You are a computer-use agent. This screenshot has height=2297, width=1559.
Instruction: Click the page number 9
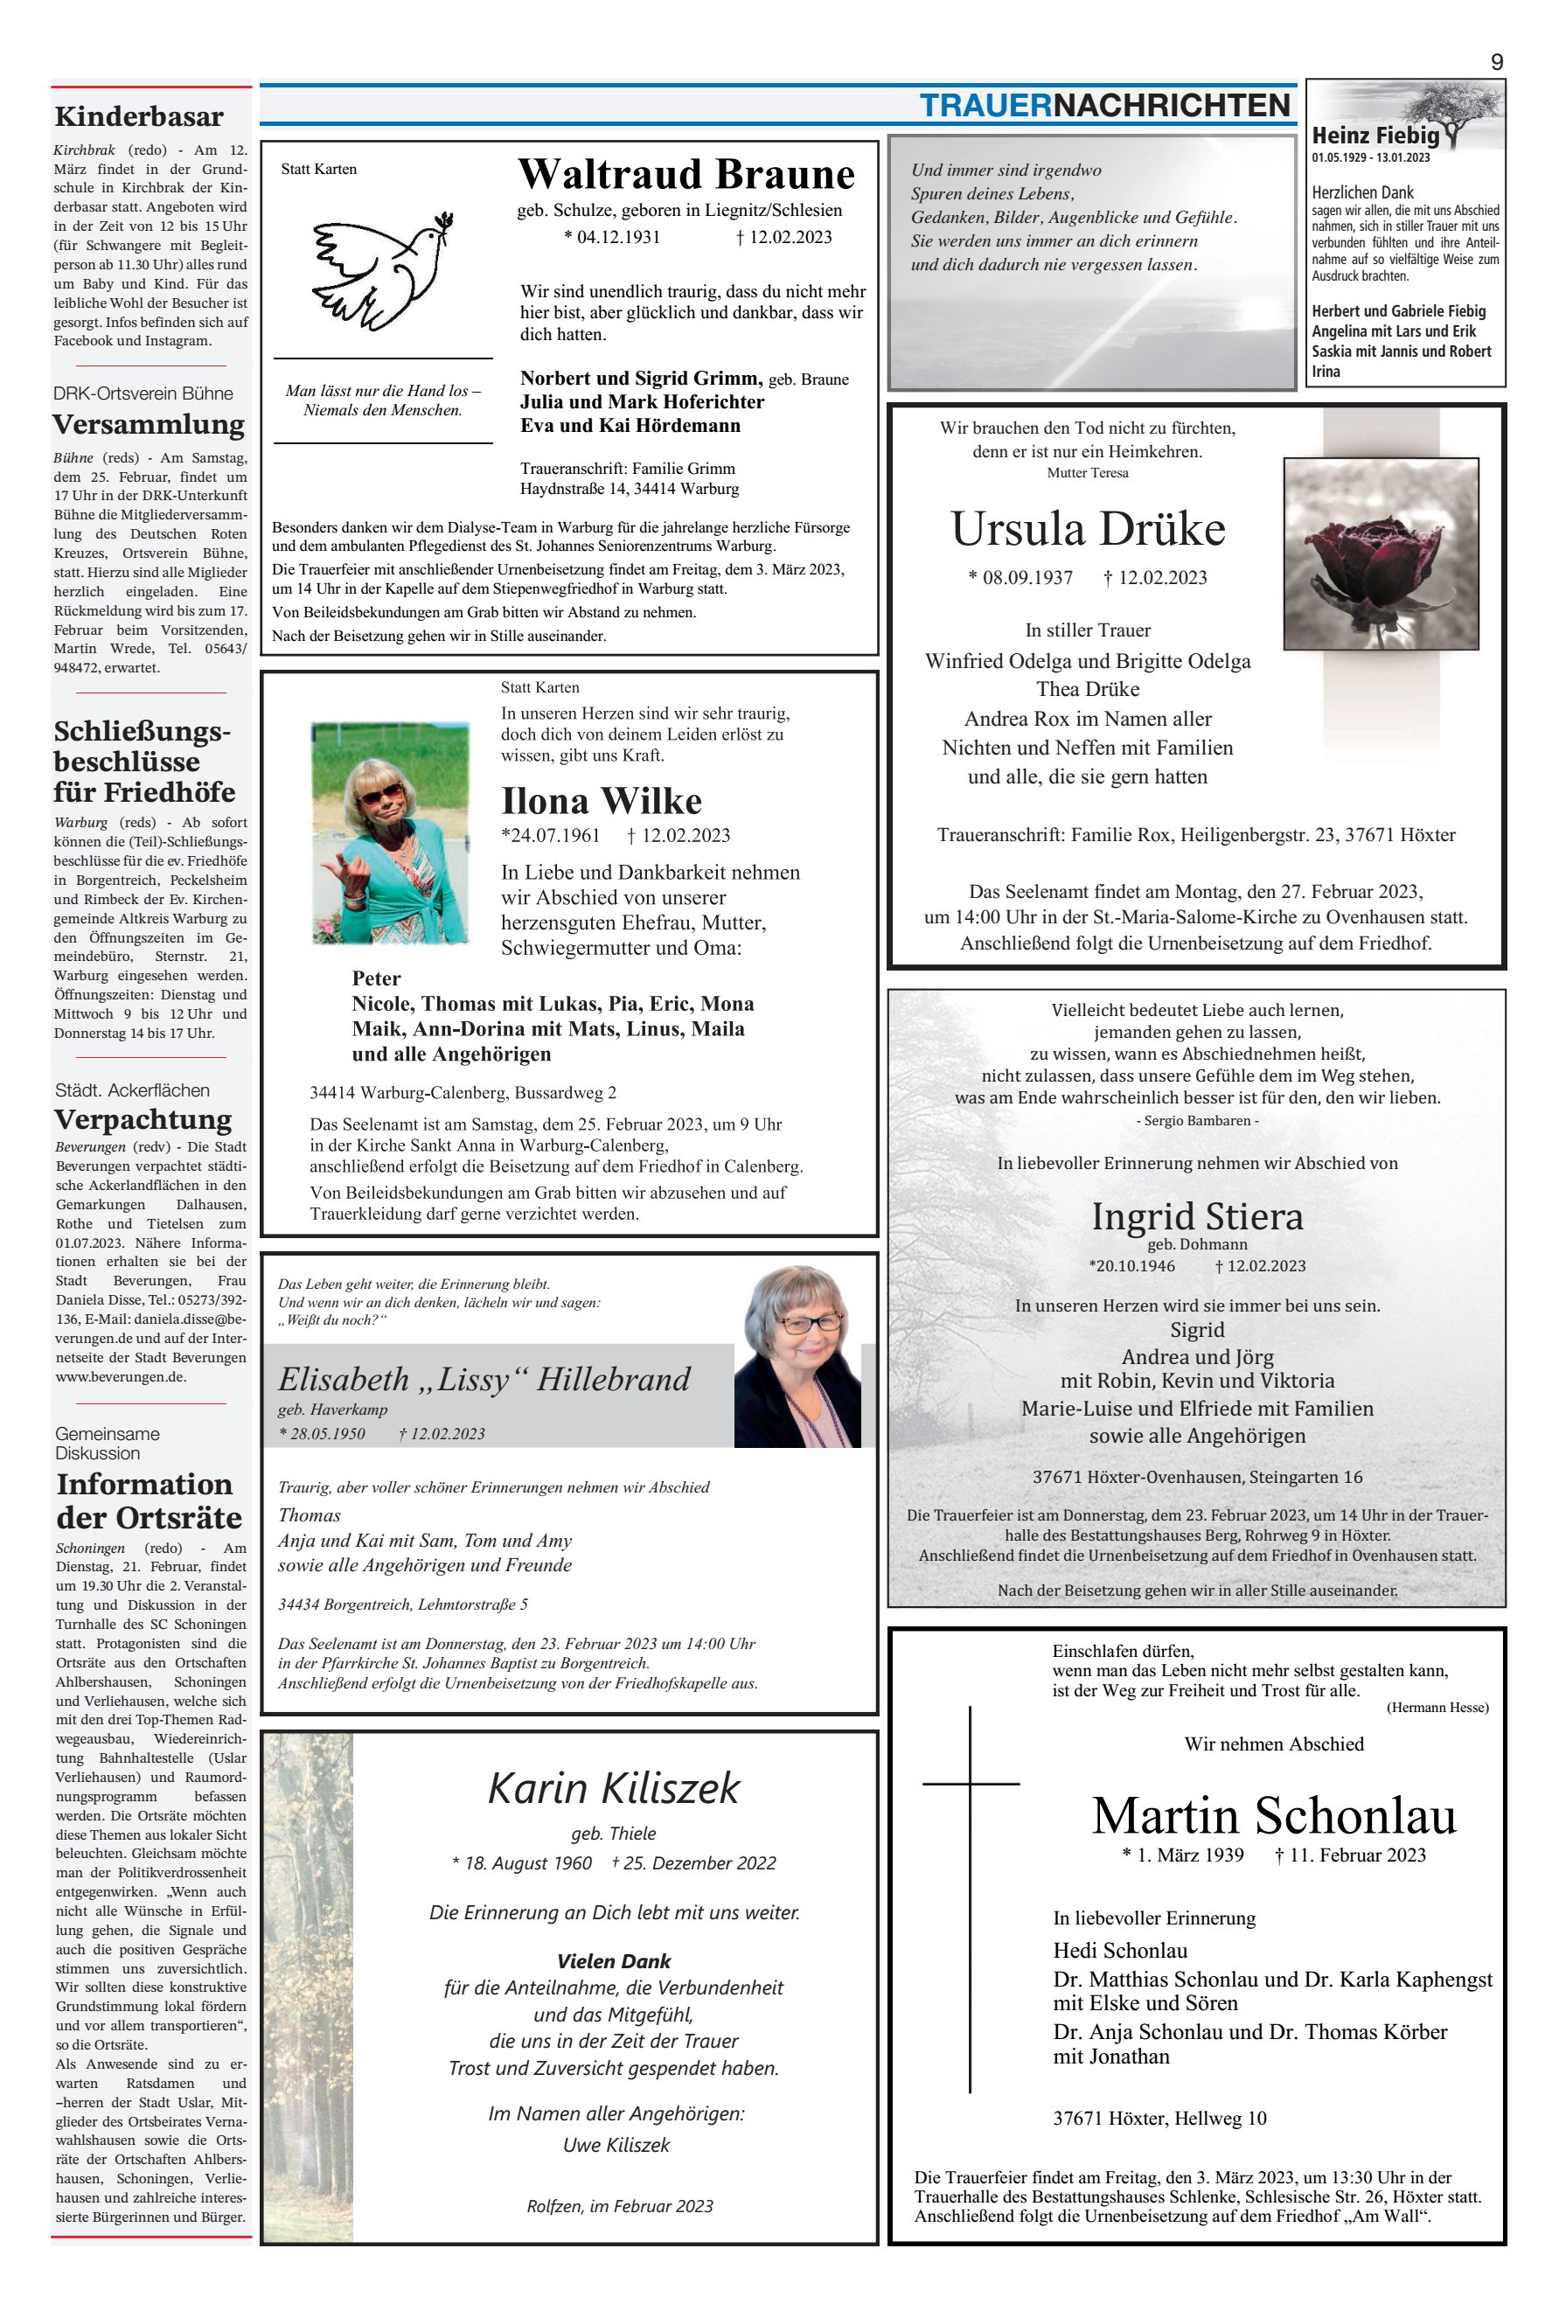(x=1496, y=62)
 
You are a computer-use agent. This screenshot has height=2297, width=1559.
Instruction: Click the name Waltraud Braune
(x=686, y=174)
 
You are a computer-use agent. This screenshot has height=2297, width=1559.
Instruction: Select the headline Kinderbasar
(x=139, y=116)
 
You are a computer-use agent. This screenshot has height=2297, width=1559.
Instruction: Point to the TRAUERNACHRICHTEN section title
(x=1104, y=106)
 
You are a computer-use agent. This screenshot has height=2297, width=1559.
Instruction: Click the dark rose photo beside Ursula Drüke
(x=1380, y=553)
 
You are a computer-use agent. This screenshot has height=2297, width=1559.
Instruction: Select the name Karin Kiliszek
(x=614, y=1788)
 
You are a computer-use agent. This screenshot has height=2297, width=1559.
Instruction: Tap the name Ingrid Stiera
(x=1196, y=1215)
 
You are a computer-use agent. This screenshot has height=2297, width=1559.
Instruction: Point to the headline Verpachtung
(x=143, y=1119)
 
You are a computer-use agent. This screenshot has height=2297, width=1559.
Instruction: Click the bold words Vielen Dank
(x=614, y=1961)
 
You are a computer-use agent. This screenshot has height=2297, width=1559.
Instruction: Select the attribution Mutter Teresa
(x=1088, y=473)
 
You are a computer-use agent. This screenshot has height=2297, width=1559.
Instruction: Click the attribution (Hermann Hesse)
(x=1437, y=1707)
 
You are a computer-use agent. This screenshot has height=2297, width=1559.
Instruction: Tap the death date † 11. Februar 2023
(x=1350, y=1855)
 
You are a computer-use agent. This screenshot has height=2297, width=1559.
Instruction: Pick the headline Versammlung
(x=149, y=424)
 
